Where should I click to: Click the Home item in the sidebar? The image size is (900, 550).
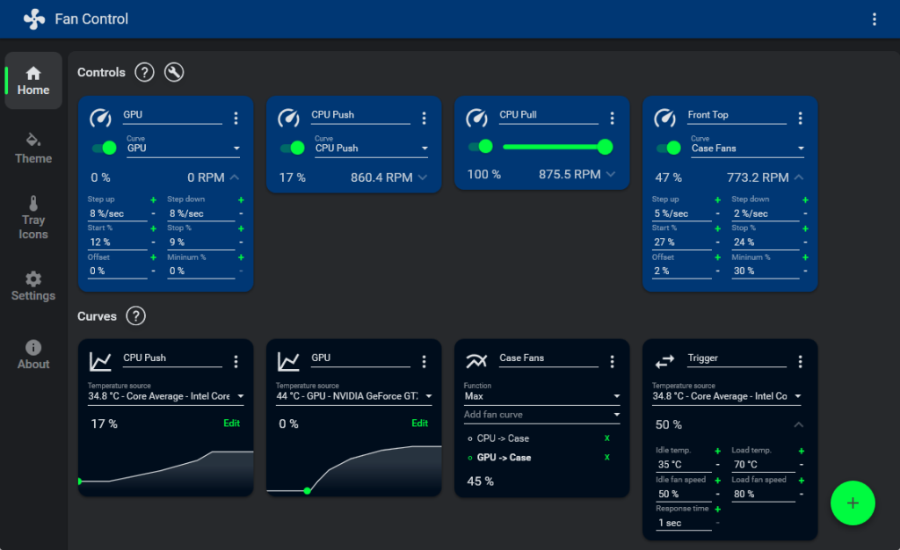pos(33,81)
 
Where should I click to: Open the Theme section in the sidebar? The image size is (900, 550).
pos(33,148)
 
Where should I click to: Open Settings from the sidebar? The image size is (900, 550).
pos(33,286)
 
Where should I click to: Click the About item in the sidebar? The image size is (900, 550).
pos(33,355)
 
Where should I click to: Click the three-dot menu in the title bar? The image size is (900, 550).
pos(874,19)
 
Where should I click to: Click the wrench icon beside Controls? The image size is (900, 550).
pos(174,72)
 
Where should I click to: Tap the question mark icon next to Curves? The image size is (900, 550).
pos(136,316)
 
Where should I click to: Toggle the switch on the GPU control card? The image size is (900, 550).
pos(105,148)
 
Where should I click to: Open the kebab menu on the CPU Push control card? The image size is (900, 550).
pos(425,118)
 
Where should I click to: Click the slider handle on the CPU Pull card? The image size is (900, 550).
pos(605,146)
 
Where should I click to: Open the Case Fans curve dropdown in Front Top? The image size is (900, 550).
pos(747,148)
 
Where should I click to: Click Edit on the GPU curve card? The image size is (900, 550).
pos(420,423)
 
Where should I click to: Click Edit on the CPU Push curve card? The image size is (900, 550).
pos(232,423)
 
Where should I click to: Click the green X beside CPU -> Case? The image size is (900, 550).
pos(606,438)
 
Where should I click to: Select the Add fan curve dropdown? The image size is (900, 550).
pos(542,415)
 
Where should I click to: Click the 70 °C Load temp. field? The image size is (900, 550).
pos(762,466)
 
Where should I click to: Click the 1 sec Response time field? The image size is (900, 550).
pos(683,523)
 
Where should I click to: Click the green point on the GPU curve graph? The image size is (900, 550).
pos(307,490)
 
